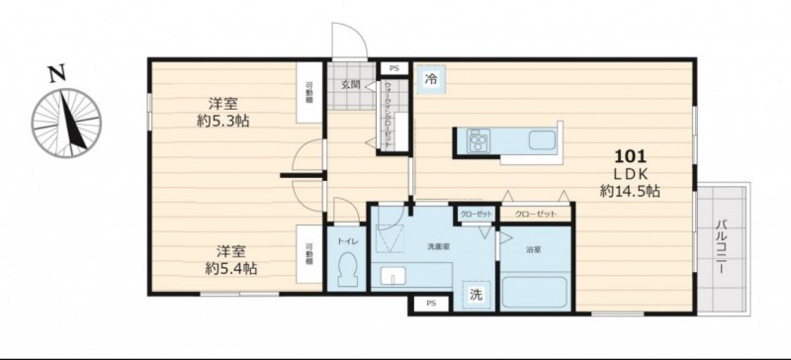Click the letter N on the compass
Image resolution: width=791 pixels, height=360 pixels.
(57, 72)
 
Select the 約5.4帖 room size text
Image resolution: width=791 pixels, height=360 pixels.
(225, 267)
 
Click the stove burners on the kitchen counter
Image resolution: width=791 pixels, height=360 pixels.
(478, 141)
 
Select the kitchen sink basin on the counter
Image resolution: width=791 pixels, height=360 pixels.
(543, 139)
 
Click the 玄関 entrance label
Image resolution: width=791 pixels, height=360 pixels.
(351, 85)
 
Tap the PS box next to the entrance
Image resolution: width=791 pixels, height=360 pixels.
(394, 68)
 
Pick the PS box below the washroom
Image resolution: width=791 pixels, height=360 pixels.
(429, 303)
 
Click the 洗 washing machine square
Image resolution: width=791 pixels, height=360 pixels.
(477, 294)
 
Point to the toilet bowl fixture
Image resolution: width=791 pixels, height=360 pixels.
(347, 269)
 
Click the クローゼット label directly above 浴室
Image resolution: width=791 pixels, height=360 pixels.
(535, 215)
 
